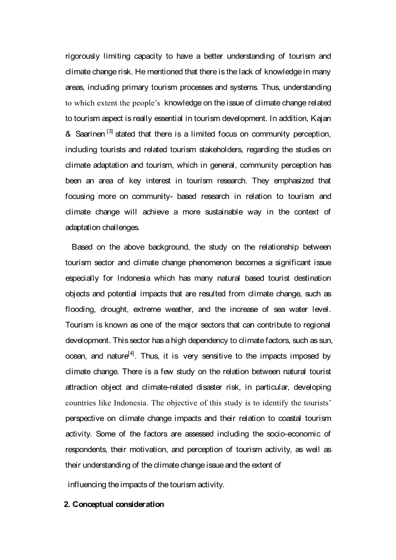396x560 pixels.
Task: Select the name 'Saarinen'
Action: pos(90,134)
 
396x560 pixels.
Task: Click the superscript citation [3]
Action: pos(109,131)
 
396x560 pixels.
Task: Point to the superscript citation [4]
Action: pos(132,353)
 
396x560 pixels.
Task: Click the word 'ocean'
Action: pos(75,356)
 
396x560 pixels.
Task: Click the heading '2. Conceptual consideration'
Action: pos(114,504)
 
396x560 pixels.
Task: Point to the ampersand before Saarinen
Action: pos(68,134)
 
